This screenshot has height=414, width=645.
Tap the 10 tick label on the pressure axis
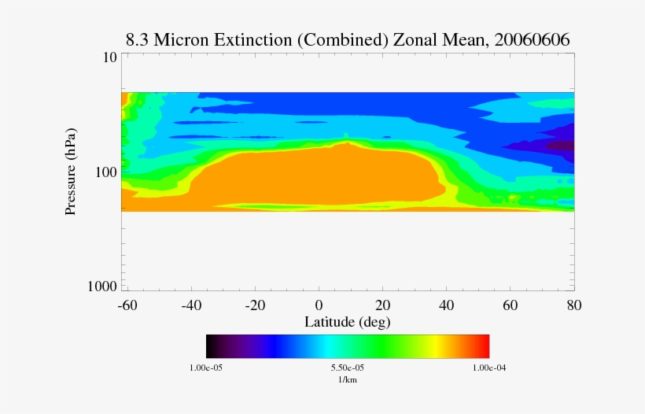(109, 57)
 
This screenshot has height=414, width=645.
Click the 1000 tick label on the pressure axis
(102, 286)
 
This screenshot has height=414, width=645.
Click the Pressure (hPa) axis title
(71, 172)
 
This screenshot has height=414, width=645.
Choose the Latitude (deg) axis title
(347, 322)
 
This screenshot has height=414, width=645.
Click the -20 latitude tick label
(254, 305)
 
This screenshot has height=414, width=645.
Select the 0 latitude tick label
(319, 305)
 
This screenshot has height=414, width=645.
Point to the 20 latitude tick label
(383, 305)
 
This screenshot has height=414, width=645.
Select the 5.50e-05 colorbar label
(347, 368)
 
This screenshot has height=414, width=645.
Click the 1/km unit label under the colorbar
(347, 379)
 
